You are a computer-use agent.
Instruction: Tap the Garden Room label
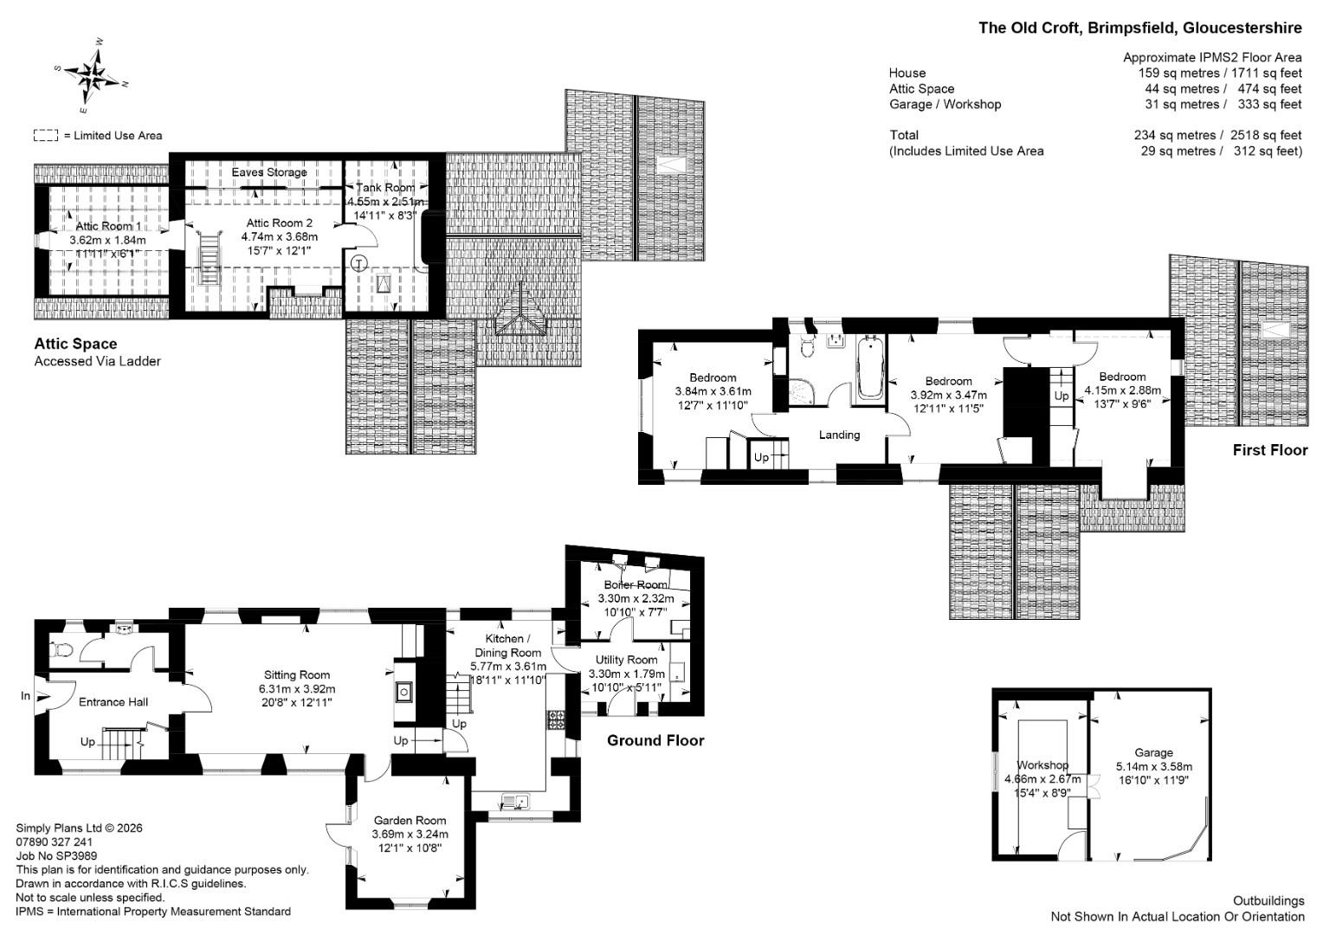pos(410,820)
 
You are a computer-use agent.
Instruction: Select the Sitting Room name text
pos(296,674)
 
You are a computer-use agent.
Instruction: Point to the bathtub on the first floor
pos(869,367)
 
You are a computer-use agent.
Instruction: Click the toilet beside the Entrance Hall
pos(61,650)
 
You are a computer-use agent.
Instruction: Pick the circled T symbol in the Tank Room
pos(359,263)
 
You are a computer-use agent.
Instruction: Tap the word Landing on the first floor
pos(839,435)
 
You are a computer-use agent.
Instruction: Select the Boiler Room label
pos(636,584)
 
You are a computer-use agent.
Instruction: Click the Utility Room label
pos(626,660)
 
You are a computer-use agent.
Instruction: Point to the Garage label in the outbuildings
pos(1153,752)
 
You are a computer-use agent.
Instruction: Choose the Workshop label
pos(1042,765)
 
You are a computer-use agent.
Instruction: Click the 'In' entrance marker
pos(25,696)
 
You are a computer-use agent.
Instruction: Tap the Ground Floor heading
pos(655,741)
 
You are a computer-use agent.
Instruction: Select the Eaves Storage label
pos(269,172)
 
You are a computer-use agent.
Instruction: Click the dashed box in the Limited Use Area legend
pos(46,135)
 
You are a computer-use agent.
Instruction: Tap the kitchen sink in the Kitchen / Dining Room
pos(516,801)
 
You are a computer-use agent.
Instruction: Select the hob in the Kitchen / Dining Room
pos(557,719)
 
